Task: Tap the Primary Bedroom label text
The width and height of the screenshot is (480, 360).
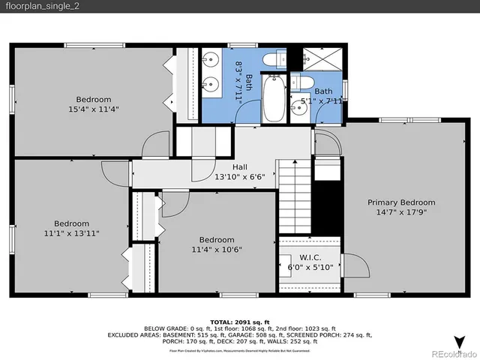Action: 400,202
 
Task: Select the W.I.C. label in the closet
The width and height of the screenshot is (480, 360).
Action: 309,256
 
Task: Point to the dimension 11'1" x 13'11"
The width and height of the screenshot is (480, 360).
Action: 71,233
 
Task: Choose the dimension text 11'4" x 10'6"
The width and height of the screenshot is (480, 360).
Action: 217,250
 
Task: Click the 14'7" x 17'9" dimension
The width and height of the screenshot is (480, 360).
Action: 400,212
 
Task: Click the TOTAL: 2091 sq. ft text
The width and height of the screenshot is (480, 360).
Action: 240,320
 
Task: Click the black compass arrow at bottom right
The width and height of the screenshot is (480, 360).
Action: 460,340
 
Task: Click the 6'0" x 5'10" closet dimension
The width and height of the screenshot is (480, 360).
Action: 309,266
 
